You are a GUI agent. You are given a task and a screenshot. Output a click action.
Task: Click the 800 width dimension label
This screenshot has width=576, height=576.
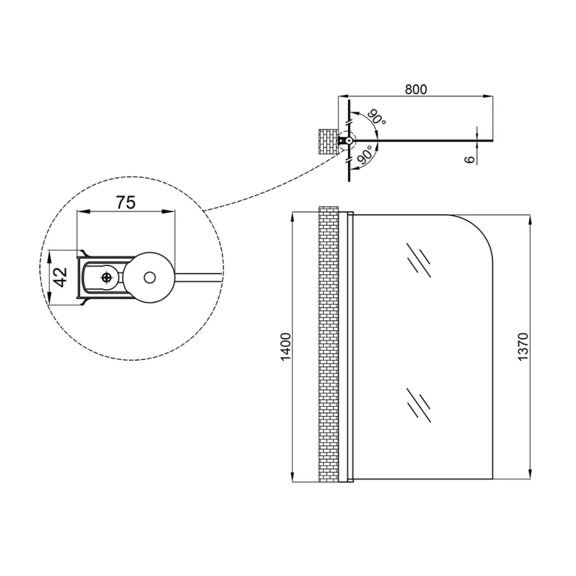(416, 89)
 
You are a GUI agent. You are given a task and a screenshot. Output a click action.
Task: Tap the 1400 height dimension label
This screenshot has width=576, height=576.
(286, 346)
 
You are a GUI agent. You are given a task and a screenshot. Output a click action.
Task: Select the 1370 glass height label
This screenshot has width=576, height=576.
(522, 346)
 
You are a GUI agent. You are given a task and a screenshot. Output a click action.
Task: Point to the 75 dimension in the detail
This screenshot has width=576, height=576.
(125, 202)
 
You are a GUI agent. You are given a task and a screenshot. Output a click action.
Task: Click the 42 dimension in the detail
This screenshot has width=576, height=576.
(60, 277)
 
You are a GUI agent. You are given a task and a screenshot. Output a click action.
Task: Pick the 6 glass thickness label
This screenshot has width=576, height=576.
(470, 159)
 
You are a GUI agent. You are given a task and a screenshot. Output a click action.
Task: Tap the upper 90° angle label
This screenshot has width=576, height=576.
(377, 117)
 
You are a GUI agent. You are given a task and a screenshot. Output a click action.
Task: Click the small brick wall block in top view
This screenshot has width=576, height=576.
(327, 142)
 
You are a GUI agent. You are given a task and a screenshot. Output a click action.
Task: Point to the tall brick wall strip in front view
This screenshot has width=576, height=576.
(328, 344)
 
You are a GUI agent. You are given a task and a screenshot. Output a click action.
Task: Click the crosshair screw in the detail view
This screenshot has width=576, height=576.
(106, 277)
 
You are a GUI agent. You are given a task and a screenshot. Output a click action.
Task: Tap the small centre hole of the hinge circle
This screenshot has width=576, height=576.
(149, 277)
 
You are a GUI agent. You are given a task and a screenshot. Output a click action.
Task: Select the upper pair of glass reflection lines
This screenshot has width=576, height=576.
(419, 260)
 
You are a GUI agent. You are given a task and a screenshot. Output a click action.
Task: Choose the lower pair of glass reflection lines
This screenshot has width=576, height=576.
(419, 405)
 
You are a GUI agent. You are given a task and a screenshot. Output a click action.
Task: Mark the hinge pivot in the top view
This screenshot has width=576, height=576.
(349, 140)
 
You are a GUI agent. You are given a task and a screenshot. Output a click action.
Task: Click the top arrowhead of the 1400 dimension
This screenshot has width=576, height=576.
(293, 218)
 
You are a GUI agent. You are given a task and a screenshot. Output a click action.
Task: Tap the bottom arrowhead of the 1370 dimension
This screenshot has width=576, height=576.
(530, 474)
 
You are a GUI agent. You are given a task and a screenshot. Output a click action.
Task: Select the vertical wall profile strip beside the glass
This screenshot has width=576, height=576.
(350, 346)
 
